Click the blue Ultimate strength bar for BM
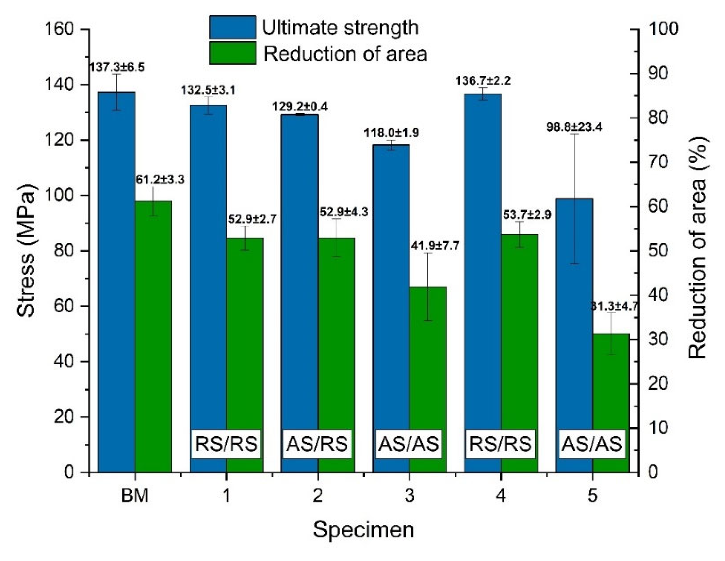pyautogui.click(x=117, y=282)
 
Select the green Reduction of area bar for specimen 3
pyautogui.click(x=428, y=379)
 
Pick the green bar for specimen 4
pyautogui.click(x=520, y=352)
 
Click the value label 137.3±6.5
pyautogui.click(x=117, y=67)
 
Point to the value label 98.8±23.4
pyautogui.click(x=574, y=127)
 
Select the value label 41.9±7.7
pyautogui.click(x=435, y=246)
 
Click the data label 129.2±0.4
pyautogui.click(x=300, y=107)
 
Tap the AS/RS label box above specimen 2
pyautogui.click(x=317, y=444)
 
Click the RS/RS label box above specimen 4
pyautogui.click(x=500, y=444)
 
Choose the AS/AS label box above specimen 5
pyautogui.click(x=591, y=444)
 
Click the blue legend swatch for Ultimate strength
pyautogui.click(x=233, y=27)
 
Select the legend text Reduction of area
pyautogui.click(x=345, y=54)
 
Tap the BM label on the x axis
pyautogui.click(x=135, y=496)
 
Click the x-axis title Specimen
pyautogui.click(x=364, y=530)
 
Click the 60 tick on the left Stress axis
pyautogui.click(x=63, y=306)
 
